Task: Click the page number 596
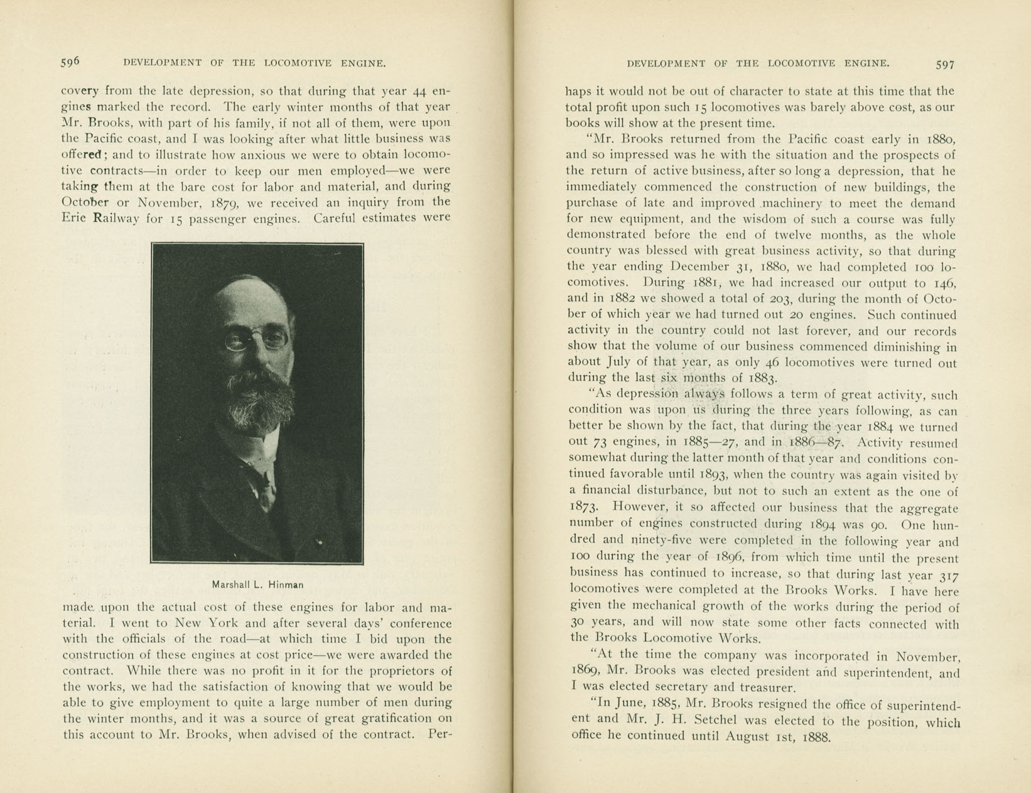[x=70, y=62]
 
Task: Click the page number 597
[x=945, y=64]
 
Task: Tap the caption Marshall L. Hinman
[x=257, y=584]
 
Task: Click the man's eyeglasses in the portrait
[x=256, y=340]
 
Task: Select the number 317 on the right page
[x=946, y=576]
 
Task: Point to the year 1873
[x=584, y=506]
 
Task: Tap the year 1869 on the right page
[x=585, y=671]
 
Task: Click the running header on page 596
[x=254, y=63]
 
